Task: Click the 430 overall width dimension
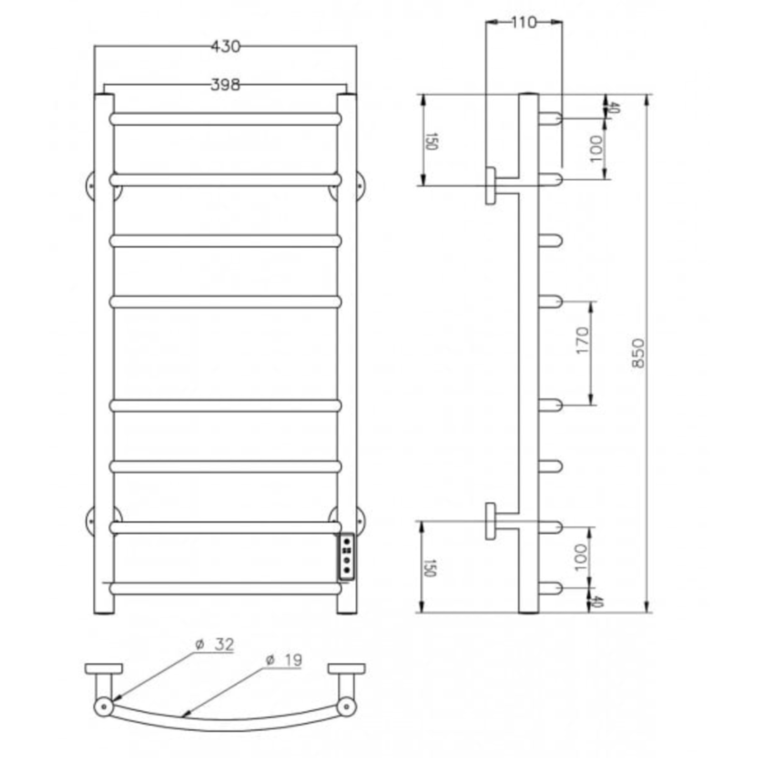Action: coord(225,47)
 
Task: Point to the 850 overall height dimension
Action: coord(638,353)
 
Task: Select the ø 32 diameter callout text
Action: coord(215,645)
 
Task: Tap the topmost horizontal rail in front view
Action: coord(225,119)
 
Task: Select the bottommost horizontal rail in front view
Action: coord(225,589)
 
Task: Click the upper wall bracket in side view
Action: coord(491,186)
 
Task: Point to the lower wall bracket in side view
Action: coord(491,521)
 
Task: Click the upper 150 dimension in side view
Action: coord(431,141)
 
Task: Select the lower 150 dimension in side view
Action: coord(430,568)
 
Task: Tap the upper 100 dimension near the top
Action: coord(595,148)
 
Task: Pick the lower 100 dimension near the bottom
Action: coord(581,558)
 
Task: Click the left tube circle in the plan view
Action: coord(103,706)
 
